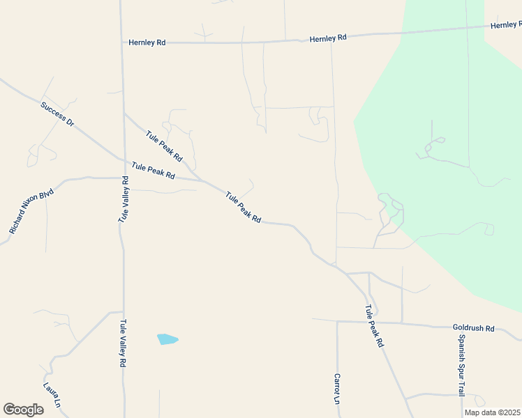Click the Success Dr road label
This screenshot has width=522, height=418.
57,114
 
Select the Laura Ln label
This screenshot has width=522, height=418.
52,395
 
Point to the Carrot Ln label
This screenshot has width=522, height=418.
336,389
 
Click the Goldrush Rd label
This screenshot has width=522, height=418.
473,328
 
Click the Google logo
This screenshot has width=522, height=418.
23,410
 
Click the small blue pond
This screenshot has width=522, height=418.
167,339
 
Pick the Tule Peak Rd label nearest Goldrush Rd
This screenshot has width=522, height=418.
374,326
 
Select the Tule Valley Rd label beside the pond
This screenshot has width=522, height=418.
123,343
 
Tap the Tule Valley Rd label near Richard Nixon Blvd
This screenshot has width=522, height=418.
123,199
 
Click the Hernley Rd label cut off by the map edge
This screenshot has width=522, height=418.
506,25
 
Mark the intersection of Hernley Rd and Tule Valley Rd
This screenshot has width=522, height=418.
122,42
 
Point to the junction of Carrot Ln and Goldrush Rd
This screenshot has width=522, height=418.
337,322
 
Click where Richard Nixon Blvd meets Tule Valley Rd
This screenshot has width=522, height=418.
124,178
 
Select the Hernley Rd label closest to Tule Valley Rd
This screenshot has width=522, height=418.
147,42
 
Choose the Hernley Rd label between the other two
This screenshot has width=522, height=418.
328,38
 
